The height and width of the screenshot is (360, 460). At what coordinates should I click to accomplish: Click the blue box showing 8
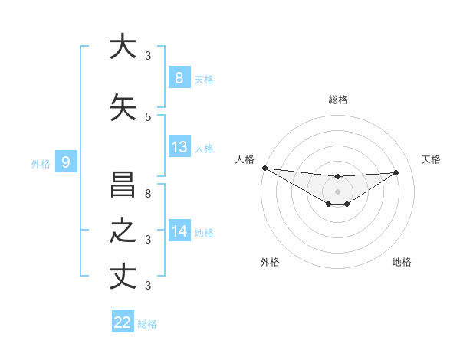[x=179, y=78]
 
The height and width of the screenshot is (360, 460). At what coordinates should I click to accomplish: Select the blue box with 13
[x=179, y=147]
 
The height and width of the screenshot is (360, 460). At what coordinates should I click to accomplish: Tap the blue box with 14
[x=179, y=231]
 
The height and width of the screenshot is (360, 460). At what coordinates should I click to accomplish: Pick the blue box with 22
[x=123, y=322]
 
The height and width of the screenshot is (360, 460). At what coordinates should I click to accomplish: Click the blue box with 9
[x=66, y=162]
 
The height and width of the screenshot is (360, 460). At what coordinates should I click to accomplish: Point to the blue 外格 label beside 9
[x=41, y=163]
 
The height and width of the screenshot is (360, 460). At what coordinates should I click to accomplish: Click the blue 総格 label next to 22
[x=147, y=324]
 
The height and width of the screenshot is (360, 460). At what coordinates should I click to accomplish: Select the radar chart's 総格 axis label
[x=337, y=100]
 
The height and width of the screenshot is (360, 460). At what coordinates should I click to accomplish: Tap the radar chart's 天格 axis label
[x=432, y=159]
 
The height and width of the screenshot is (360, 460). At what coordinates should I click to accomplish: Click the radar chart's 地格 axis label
[x=402, y=262]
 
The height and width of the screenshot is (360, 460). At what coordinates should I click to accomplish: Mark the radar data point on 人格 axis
[x=264, y=168]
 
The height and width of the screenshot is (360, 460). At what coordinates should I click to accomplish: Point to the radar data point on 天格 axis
[x=396, y=172]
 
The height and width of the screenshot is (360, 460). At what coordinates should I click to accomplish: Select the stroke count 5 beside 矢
[x=148, y=116]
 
